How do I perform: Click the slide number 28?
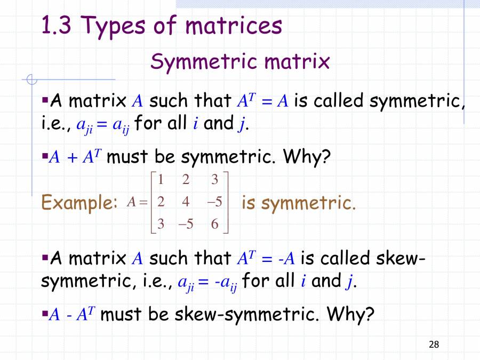434,345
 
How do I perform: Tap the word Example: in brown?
79,203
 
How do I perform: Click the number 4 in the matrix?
185,202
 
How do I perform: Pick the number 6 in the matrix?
214,224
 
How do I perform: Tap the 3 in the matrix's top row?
214,180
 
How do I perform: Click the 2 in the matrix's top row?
185,180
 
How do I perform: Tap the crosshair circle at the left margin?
32,80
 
